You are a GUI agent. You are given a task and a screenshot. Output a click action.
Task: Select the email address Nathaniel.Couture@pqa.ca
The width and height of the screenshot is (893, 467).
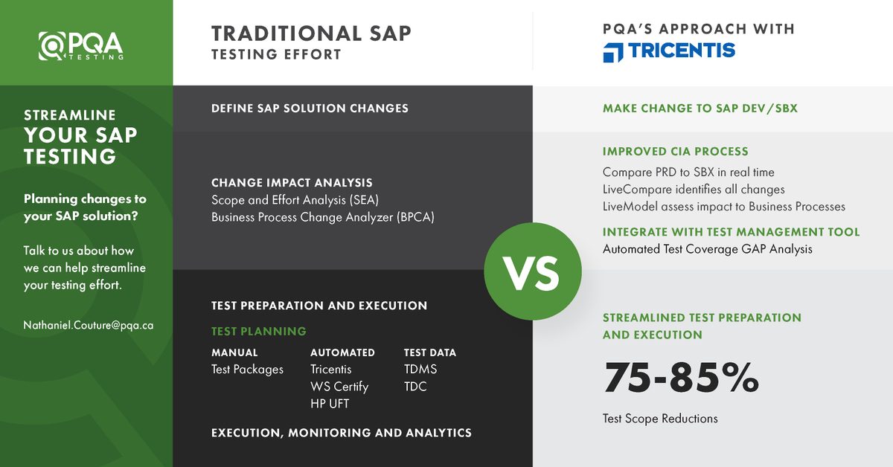pos(89,325)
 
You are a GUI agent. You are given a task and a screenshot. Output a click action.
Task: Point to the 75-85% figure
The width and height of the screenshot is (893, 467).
pos(680,377)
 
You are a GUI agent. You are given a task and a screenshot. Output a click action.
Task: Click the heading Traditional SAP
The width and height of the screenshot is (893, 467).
pos(311,33)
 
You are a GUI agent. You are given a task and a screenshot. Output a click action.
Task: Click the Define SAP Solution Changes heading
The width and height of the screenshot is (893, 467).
pos(310,109)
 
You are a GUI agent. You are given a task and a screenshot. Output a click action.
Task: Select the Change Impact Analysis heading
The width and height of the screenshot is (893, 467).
pos(292,182)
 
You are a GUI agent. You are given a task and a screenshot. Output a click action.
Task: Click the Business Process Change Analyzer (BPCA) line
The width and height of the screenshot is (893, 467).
pos(322,217)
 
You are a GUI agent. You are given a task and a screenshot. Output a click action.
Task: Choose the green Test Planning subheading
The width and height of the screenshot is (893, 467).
pos(258,332)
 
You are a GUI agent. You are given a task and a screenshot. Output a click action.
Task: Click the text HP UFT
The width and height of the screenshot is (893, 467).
pos(330,404)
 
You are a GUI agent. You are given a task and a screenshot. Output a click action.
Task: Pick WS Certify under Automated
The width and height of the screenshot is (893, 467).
pos(339,387)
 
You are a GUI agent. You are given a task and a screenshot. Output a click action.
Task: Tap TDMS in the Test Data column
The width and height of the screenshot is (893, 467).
pos(420,370)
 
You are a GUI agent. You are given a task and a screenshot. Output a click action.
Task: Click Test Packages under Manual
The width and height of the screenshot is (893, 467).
pos(247,370)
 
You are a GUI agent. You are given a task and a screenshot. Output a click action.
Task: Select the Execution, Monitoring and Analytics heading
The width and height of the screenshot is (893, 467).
pos(341,433)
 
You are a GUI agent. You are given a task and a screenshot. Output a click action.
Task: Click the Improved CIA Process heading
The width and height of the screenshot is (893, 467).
pos(675,152)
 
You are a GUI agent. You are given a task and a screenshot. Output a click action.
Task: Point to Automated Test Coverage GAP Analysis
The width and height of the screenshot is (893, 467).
pos(707,249)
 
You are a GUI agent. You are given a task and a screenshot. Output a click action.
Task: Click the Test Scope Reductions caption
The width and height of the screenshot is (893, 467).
pos(660,419)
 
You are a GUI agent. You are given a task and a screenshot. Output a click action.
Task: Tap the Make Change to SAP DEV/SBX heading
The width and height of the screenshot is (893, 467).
pos(700,109)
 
